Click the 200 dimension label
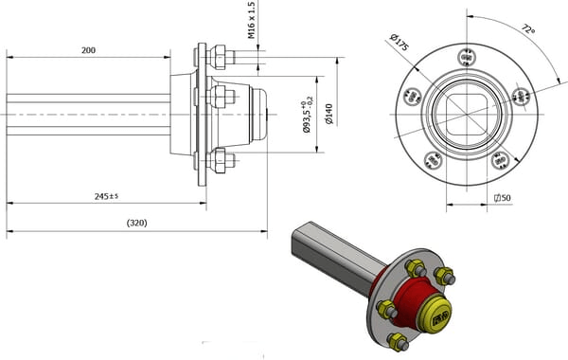88,50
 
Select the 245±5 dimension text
106,196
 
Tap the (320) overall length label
137,223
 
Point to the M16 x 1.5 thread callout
252,20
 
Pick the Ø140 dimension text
329,115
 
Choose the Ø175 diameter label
399,42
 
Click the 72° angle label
528,29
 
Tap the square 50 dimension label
503,198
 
